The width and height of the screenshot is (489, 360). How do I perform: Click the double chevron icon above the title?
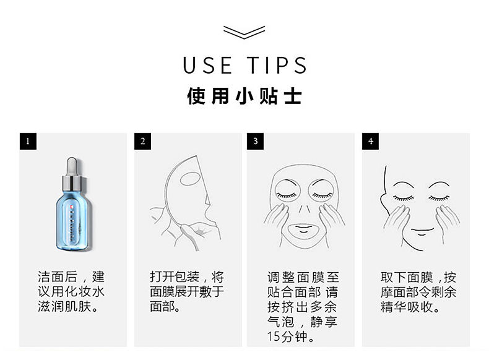point(244,32)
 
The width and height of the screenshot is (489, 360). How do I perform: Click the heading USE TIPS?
point(245,66)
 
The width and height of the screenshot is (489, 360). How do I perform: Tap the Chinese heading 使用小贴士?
point(244,96)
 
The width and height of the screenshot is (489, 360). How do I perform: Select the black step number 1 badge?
point(28,141)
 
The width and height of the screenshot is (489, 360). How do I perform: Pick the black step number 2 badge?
point(143,141)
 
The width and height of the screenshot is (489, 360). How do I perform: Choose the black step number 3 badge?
point(256,141)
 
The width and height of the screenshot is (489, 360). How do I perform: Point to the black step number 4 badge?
point(371,141)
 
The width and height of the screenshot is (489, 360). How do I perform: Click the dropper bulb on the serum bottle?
point(72,166)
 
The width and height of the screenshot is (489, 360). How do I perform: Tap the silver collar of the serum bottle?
point(72,184)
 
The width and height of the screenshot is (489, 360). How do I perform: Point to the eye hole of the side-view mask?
point(191,178)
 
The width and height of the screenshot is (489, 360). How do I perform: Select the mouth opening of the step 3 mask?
point(303,229)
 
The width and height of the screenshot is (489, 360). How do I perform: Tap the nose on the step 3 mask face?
point(303,209)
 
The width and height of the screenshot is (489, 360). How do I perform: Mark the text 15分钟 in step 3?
point(287,336)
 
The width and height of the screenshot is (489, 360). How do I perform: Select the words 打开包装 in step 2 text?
point(175,276)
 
